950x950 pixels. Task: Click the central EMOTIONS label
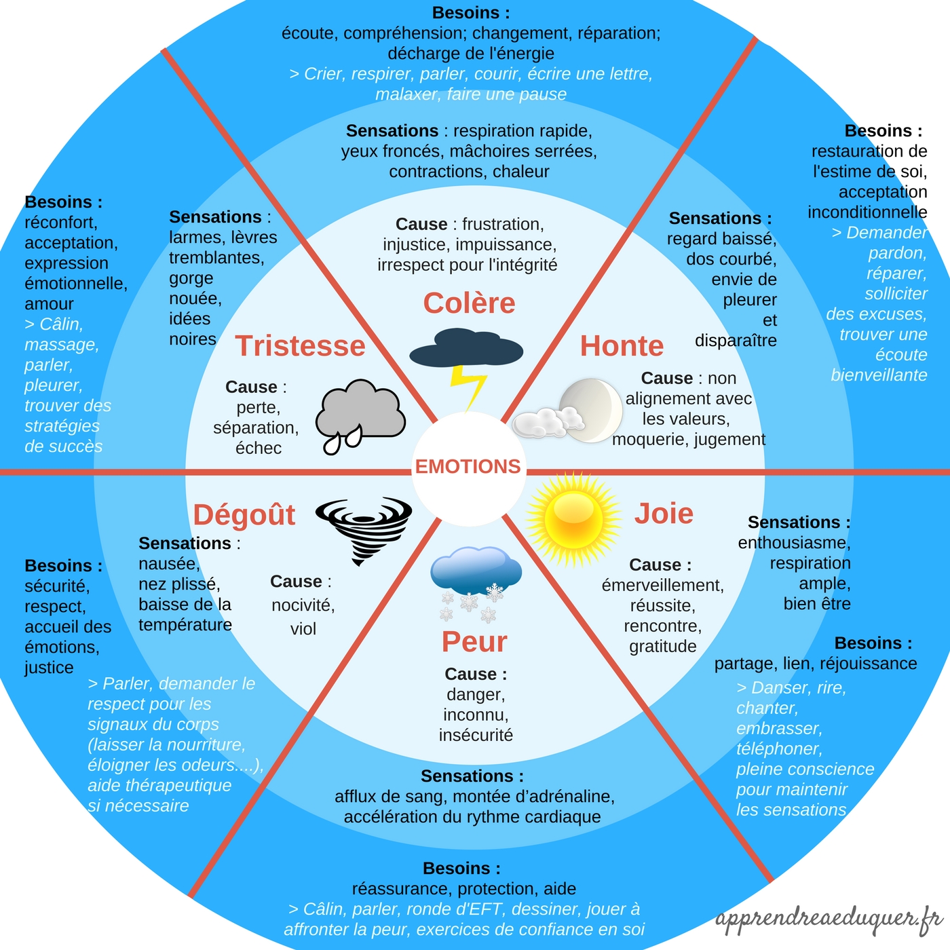coord(468,467)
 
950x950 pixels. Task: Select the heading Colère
coord(469,303)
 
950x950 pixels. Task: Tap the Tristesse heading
coord(300,346)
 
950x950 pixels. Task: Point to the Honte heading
coord(622,346)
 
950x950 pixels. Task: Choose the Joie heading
coord(664,514)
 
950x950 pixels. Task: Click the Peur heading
coord(474,642)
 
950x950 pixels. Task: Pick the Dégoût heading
coord(244,515)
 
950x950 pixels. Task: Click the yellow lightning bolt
coord(468,387)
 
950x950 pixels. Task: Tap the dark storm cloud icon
coord(466,347)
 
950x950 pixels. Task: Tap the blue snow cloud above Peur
coord(476,570)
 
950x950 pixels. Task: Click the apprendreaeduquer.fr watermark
coord(829,919)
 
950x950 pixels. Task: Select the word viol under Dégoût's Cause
coord(303,629)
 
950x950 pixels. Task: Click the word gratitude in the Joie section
coord(663,647)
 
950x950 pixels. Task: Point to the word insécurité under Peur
coord(476,736)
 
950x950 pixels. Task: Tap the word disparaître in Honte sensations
coord(736,341)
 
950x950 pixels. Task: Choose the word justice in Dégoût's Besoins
coord(49,668)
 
